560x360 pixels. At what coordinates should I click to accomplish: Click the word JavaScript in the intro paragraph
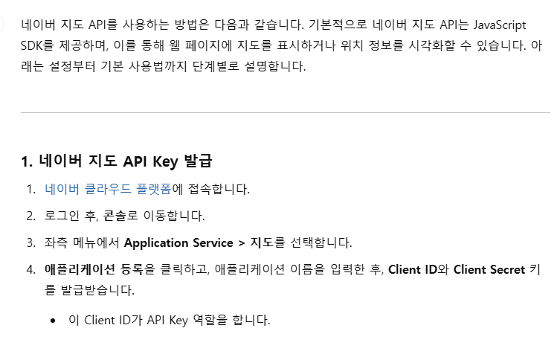500,25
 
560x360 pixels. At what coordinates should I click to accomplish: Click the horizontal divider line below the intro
286,112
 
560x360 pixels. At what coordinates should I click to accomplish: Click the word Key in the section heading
165,161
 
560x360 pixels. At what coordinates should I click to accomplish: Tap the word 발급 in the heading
199,161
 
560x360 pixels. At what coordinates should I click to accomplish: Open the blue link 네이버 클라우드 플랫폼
108,189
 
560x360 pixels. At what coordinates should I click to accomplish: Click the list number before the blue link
31,189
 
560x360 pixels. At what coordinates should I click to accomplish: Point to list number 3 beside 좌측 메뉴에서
31,243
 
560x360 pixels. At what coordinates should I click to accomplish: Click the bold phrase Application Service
178,243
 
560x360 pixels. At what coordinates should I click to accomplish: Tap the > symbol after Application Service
242,243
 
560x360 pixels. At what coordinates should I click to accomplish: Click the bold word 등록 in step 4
132,269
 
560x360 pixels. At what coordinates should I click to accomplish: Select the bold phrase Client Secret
489,269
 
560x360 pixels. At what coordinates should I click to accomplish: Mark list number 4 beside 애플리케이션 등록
31,270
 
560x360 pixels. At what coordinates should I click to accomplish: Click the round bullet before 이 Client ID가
53,321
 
